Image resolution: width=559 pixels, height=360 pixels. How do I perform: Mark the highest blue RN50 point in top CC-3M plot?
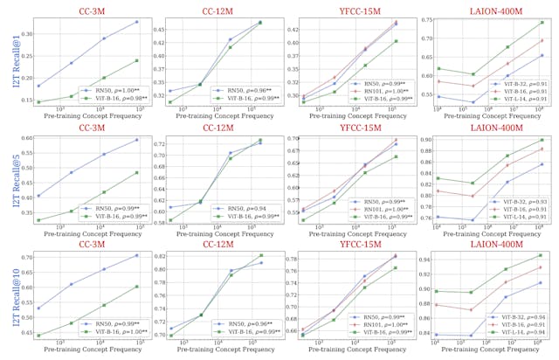coord(136,22)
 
